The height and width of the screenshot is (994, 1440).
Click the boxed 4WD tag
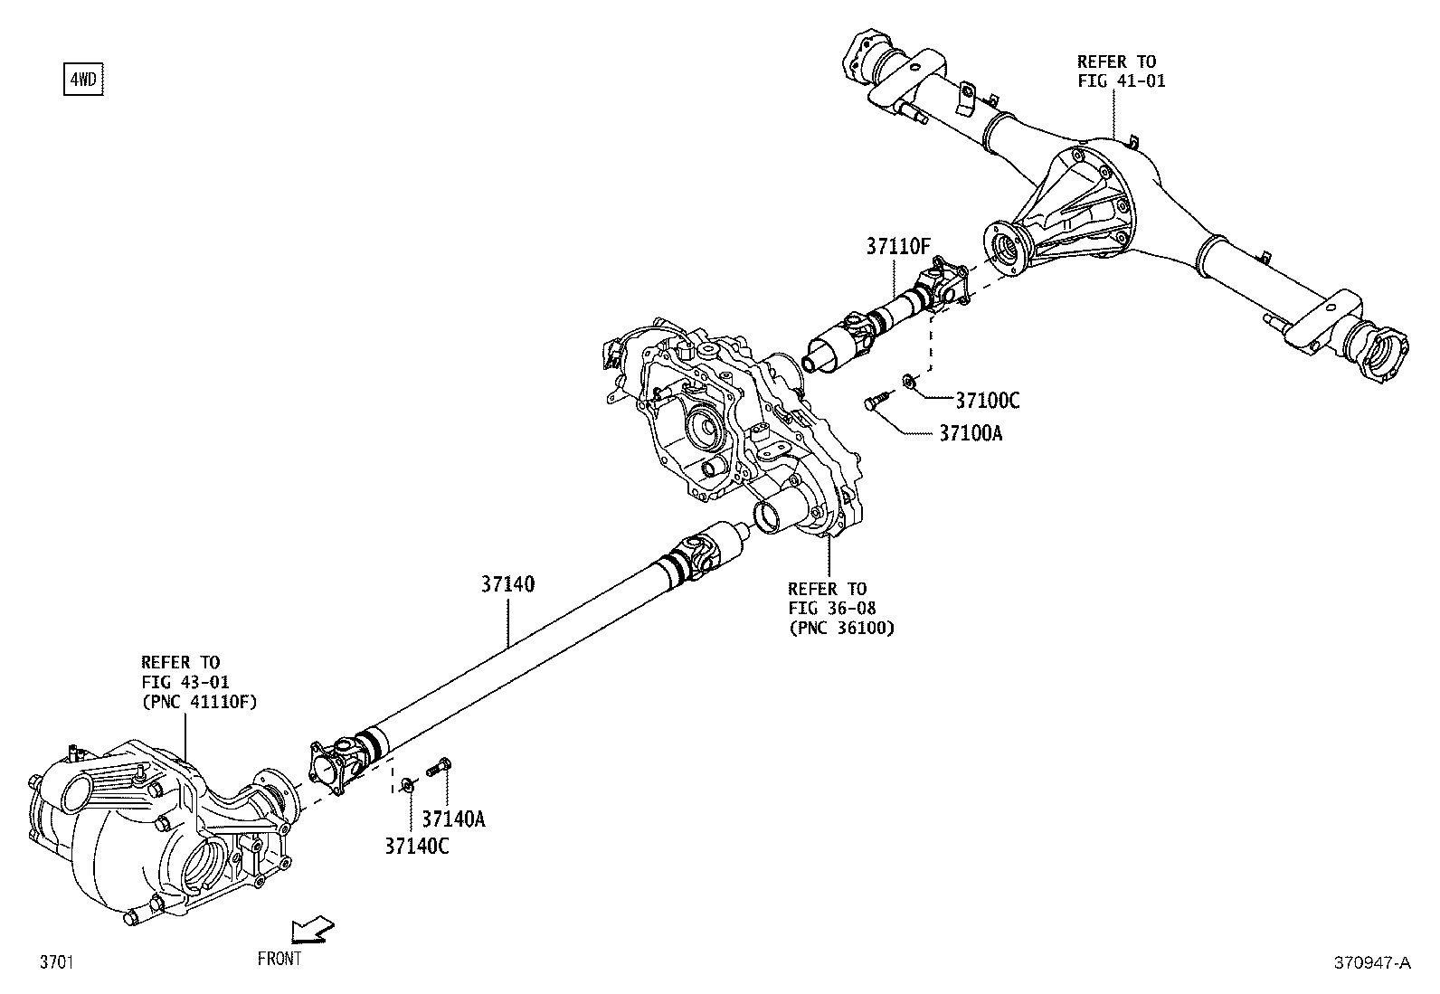[x=82, y=80]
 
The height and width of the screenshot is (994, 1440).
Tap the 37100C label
[x=987, y=401]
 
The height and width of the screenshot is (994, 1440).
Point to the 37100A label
[x=970, y=433]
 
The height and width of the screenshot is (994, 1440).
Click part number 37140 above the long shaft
[x=507, y=585]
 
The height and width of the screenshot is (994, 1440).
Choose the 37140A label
[x=454, y=819]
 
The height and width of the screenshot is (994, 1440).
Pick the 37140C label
[x=417, y=847]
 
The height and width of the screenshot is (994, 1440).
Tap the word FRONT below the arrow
[x=279, y=959]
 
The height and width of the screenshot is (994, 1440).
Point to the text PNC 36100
[x=841, y=628]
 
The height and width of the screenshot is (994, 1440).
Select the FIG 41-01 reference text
[x=1121, y=80]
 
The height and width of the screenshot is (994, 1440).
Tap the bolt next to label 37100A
[x=877, y=400]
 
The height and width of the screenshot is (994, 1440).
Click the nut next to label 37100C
[x=910, y=383]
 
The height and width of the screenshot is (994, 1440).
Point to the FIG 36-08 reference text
[x=831, y=608]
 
